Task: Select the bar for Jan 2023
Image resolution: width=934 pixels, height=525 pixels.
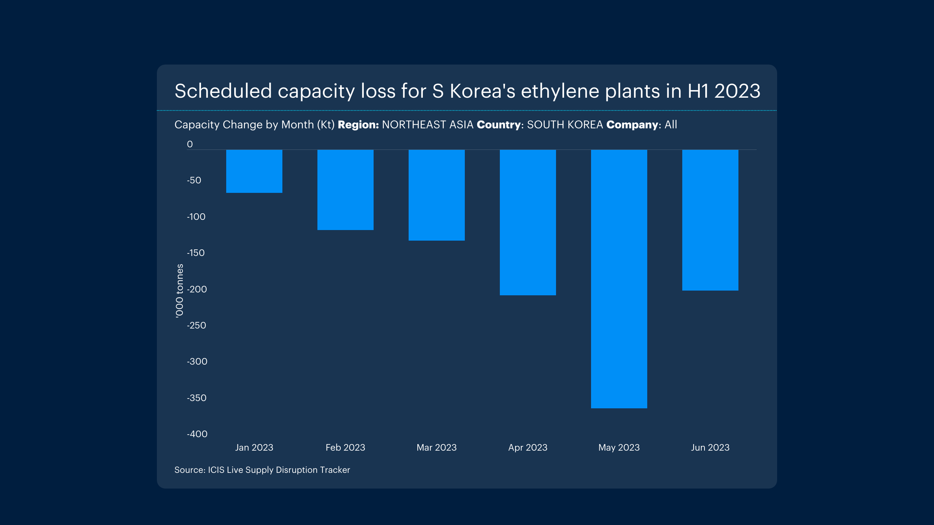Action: click(x=254, y=171)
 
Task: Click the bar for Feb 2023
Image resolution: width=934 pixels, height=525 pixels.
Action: click(x=346, y=190)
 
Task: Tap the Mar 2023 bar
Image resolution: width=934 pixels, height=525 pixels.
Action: click(x=437, y=195)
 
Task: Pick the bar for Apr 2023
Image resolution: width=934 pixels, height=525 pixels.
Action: click(x=528, y=222)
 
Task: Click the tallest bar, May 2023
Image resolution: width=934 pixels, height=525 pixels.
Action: click(x=619, y=279)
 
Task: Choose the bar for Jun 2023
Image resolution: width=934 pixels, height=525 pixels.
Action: click(x=710, y=220)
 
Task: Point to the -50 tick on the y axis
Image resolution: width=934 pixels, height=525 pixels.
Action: click(x=194, y=180)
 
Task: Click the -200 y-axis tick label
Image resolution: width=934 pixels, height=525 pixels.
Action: click(x=197, y=289)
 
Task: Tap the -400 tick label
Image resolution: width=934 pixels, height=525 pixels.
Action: click(x=197, y=434)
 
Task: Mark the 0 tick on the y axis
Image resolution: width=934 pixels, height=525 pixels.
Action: click(x=190, y=144)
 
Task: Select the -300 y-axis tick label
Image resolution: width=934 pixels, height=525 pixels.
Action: click(x=197, y=361)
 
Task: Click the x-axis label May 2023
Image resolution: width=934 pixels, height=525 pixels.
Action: click(x=619, y=447)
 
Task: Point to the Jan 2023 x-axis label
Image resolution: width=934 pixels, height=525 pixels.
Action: click(x=254, y=447)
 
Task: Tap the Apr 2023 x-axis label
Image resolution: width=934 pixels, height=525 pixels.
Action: click(x=528, y=447)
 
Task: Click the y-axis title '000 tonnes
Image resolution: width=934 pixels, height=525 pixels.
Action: click(x=180, y=291)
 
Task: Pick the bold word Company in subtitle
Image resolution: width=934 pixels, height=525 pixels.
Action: click(x=632, y=125)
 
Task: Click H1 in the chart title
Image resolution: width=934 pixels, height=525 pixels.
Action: click(x=698, y=91)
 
